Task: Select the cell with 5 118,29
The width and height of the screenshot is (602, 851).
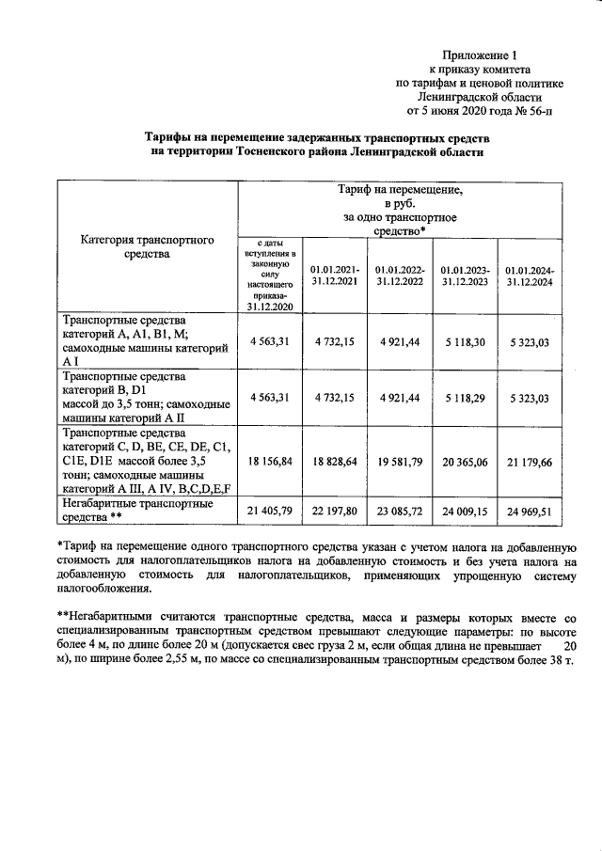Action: coord(467,398)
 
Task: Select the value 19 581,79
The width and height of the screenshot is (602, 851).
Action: coord(400,462)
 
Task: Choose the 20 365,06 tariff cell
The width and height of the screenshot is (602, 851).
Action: coord(467,462)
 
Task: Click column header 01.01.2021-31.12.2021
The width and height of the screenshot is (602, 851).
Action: coord(335,275)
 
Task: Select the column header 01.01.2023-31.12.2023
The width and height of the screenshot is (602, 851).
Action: coord(467,275)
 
